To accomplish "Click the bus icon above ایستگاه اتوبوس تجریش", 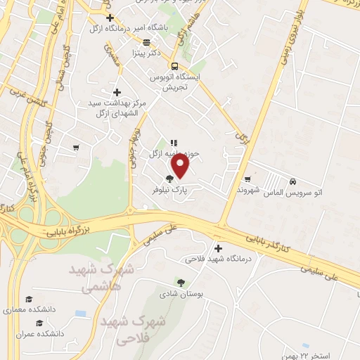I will click(173, 66).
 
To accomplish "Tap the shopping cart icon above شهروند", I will click(248, 179).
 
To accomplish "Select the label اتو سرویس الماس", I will click(295, 191).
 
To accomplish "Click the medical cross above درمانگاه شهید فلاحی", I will click(218, 247).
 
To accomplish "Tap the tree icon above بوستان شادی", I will click(181, 283).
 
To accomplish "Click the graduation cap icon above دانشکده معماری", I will click(28, 300).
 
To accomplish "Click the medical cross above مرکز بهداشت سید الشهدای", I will click(117, 92).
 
